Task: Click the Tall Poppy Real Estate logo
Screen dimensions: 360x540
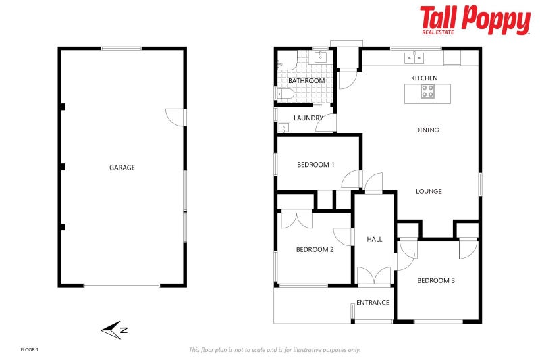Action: [475, 20]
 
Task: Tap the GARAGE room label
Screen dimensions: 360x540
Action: [122, 168]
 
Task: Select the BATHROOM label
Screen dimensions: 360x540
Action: [306, 81]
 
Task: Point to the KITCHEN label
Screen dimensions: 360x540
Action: [425, 78]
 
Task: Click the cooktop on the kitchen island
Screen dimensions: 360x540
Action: [428, 92]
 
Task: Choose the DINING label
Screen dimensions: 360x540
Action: [427, 130]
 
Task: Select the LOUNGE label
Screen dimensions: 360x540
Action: [429, 191]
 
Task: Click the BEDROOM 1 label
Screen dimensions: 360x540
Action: [316, 165]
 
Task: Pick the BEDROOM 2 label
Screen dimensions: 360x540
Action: [315, 249]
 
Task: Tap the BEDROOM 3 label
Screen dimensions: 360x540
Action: [435, 280]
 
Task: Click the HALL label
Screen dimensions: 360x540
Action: [374, 239]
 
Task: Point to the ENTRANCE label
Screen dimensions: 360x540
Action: [373, 302]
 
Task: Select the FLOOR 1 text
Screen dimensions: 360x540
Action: [30, 349]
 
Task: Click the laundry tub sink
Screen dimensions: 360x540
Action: [284, 126]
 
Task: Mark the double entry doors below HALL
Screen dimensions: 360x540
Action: [374, 276]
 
